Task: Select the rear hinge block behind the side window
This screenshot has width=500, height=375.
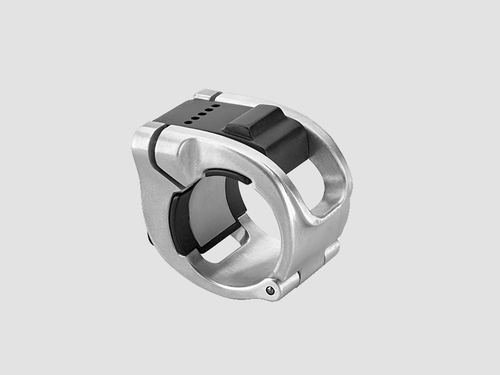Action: pos(330,250)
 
